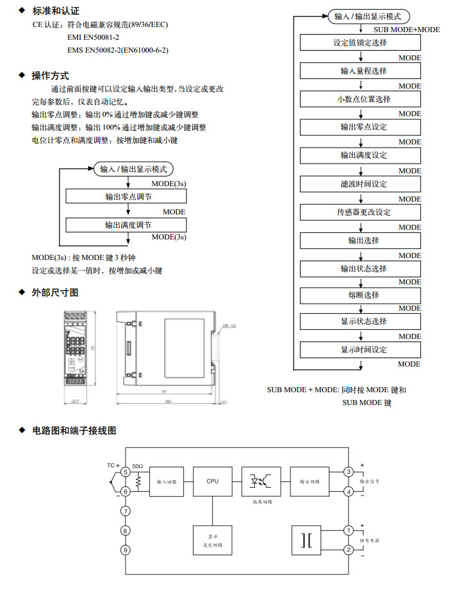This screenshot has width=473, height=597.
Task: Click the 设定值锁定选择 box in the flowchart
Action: click(x=360, y=42)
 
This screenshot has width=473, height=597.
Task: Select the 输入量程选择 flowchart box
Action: click(x=360, y=71)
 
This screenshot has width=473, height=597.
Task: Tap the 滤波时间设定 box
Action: click(x=360, y=184)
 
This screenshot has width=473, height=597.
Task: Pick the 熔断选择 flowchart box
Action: click(x=360, y=295)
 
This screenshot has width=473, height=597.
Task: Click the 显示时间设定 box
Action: click(x=360, y=350)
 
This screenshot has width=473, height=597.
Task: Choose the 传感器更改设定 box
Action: click(x=360, y=212)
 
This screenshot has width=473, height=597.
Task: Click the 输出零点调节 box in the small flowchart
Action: click(x=126, y=197)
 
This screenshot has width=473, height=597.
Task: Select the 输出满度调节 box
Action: click(x=126, y=225)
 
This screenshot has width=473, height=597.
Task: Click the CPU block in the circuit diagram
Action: click(x=212, y=480)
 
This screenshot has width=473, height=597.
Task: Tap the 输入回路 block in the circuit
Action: click(x=166, y=480)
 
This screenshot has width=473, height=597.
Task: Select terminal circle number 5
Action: click(x=126, y=472)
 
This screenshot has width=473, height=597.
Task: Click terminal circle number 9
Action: click(x=126, y=549)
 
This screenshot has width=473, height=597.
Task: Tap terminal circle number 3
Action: click(x=349, y=472)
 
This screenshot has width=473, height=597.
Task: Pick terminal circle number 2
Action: click(x=349, y=549)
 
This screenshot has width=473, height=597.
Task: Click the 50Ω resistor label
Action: click(x=138, y=466)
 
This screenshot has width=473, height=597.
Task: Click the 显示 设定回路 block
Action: click(x=212, y=540)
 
